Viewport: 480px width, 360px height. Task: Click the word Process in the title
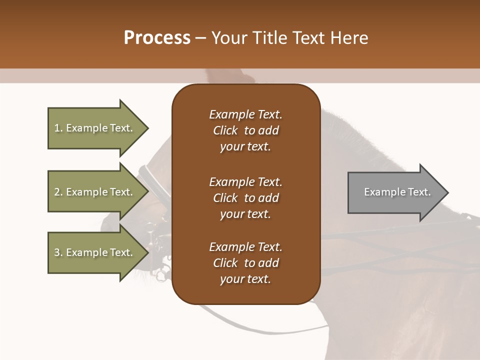(157, 38)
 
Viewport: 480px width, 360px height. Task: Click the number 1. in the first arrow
(58, 128)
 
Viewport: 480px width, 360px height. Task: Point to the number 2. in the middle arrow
(58, 192)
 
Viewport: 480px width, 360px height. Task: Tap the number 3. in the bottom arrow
(58, 252)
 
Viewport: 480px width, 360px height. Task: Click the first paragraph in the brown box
(245, 130)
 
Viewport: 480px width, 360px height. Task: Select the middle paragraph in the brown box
(245, 197)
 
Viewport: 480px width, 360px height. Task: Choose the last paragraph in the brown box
(245, 263)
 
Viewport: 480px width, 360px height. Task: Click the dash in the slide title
(201, 38)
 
